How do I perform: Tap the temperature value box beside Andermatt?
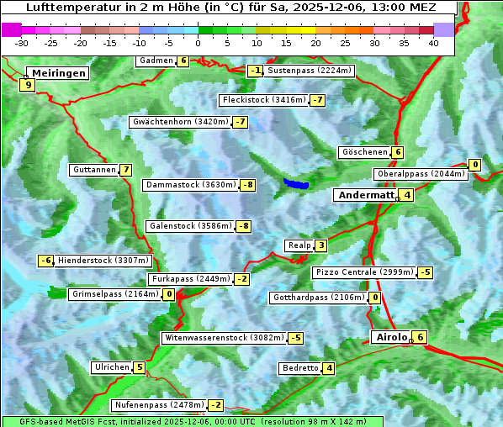tap(407, 195)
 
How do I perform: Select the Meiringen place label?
tap(56, 73)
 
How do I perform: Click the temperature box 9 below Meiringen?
tap(28, 85)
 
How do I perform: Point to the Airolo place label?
tap(391, 337)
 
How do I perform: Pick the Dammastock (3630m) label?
tap(188, 185)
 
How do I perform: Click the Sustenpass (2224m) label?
tap(309, 71)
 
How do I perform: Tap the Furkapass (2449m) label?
tap(190, 279)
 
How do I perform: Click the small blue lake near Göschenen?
tap(296, 183)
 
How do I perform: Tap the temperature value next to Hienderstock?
tap(46, 261)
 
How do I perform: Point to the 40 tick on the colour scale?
tap(433, 43)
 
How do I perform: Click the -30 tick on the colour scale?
tap(23, 43)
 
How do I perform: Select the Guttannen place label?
tap(94, 170)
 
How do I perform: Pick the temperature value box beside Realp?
tap(320, 245)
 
